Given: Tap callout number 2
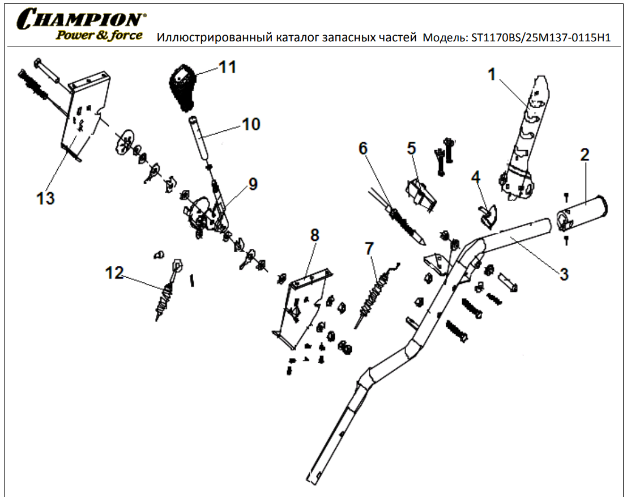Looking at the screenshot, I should coord(584,155).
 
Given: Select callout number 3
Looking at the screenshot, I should coord(564,274).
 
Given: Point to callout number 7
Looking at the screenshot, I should coord(369,248).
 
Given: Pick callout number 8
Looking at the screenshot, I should coord(314,235).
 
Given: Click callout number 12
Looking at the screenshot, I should coord(114,273).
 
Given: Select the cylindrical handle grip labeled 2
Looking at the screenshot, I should coord(583,214).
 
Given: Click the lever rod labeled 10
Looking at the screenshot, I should coord(200,139).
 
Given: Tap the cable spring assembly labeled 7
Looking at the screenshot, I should coord(374,295).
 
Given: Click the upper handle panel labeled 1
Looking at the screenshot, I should coord(524,142).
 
